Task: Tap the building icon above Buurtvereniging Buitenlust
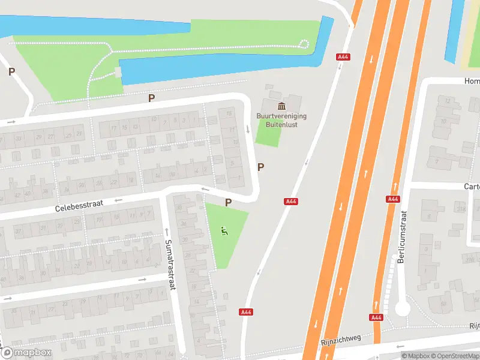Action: (281, 106)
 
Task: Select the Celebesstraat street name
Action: (79, 205)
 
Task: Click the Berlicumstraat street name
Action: (401, 237)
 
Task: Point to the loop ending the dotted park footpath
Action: (304, 43)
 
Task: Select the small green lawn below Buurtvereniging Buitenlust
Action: (268, 133)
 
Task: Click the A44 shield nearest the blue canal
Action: (344, 57)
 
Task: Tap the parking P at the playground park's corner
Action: (228, 203)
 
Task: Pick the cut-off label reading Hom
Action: (472, 81)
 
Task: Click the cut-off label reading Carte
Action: (472, 187)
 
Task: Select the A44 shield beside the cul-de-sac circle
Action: (376, 317)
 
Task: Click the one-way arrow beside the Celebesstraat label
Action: (118, 200)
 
